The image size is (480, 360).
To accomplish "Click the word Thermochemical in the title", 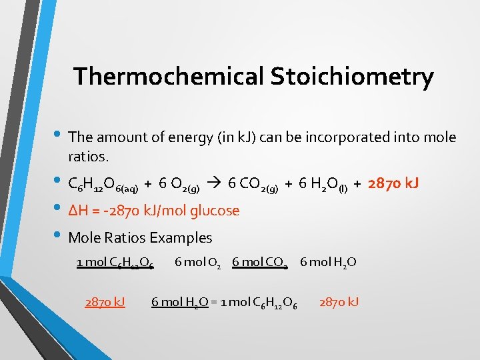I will (x=169, y=77).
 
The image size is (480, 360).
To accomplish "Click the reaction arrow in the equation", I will (x=216, y=183).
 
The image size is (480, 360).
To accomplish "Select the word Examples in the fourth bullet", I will (x=181, y=237).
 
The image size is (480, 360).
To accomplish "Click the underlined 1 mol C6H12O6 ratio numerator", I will (x=115, y=263).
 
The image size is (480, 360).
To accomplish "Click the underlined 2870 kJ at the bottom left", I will (x=105, y=302).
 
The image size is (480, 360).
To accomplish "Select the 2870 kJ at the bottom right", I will (x=339, y=302).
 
